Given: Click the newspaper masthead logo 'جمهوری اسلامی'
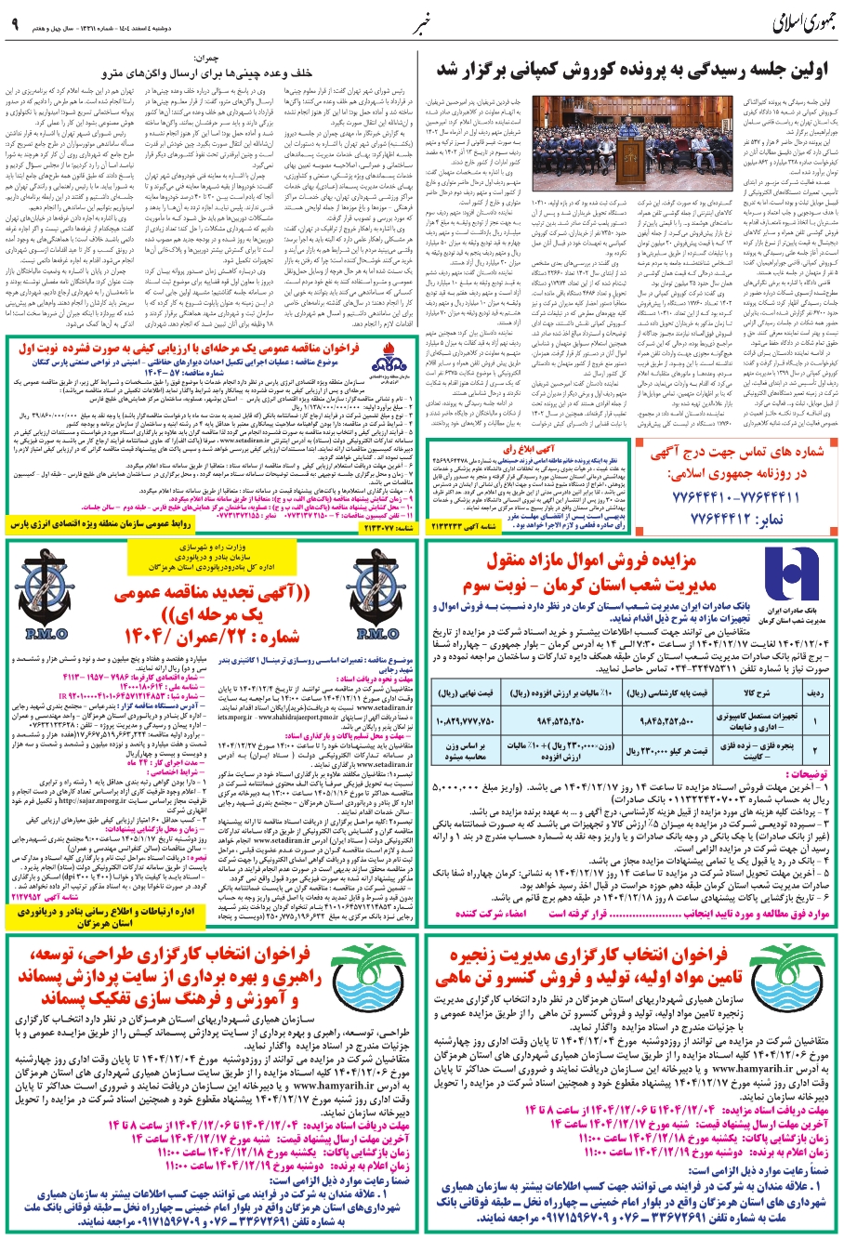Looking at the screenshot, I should pos(787,20).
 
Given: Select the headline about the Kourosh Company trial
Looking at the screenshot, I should pos(633,70).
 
